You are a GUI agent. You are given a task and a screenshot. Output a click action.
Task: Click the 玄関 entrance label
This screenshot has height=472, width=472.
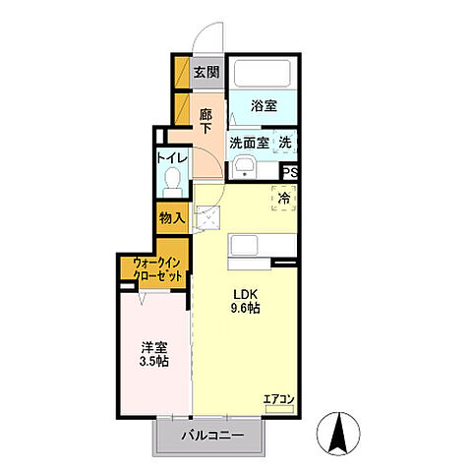tap(206, 72)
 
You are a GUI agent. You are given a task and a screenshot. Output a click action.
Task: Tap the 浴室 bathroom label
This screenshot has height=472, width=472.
tap(264, 105)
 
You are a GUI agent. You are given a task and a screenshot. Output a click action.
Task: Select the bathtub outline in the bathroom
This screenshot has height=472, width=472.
tap(262, 73)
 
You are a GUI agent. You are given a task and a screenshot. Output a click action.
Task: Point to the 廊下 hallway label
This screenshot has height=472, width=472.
tap(206, 121)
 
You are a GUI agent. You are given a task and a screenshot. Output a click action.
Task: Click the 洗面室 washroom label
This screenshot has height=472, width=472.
tap(249, 143)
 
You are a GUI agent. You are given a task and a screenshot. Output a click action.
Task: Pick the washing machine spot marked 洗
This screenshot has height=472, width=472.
tap(285, 143)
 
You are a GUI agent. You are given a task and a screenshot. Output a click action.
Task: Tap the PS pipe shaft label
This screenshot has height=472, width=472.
tap(290, 172)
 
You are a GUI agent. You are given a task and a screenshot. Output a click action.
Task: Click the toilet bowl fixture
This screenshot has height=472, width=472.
tap(173, 182)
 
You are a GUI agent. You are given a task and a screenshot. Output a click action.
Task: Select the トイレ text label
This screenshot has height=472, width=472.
tap(172, 158)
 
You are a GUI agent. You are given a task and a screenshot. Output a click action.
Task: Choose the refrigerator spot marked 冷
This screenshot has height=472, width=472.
tap(284, 198)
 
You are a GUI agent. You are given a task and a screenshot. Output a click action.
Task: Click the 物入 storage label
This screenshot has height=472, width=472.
tap(172, 217)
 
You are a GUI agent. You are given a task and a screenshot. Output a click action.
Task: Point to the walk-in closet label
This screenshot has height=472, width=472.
tap(157, 269)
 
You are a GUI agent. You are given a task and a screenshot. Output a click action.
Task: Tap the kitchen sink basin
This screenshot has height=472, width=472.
tap(244, 245)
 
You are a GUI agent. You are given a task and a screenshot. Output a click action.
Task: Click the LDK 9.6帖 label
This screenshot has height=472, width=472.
tap(246, 301)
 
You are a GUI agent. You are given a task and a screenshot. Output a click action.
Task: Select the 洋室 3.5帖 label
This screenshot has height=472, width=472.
tap(154, 354)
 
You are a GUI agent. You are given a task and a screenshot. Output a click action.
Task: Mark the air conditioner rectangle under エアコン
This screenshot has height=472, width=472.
tap(279, 409)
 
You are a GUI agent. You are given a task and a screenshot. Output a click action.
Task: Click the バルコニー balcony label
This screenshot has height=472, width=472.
tap(212, 436)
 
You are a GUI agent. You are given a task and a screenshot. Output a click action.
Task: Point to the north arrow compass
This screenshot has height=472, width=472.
tap(338, 433)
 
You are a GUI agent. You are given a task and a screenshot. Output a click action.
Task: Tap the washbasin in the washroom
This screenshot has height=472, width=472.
tap(244, 167)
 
